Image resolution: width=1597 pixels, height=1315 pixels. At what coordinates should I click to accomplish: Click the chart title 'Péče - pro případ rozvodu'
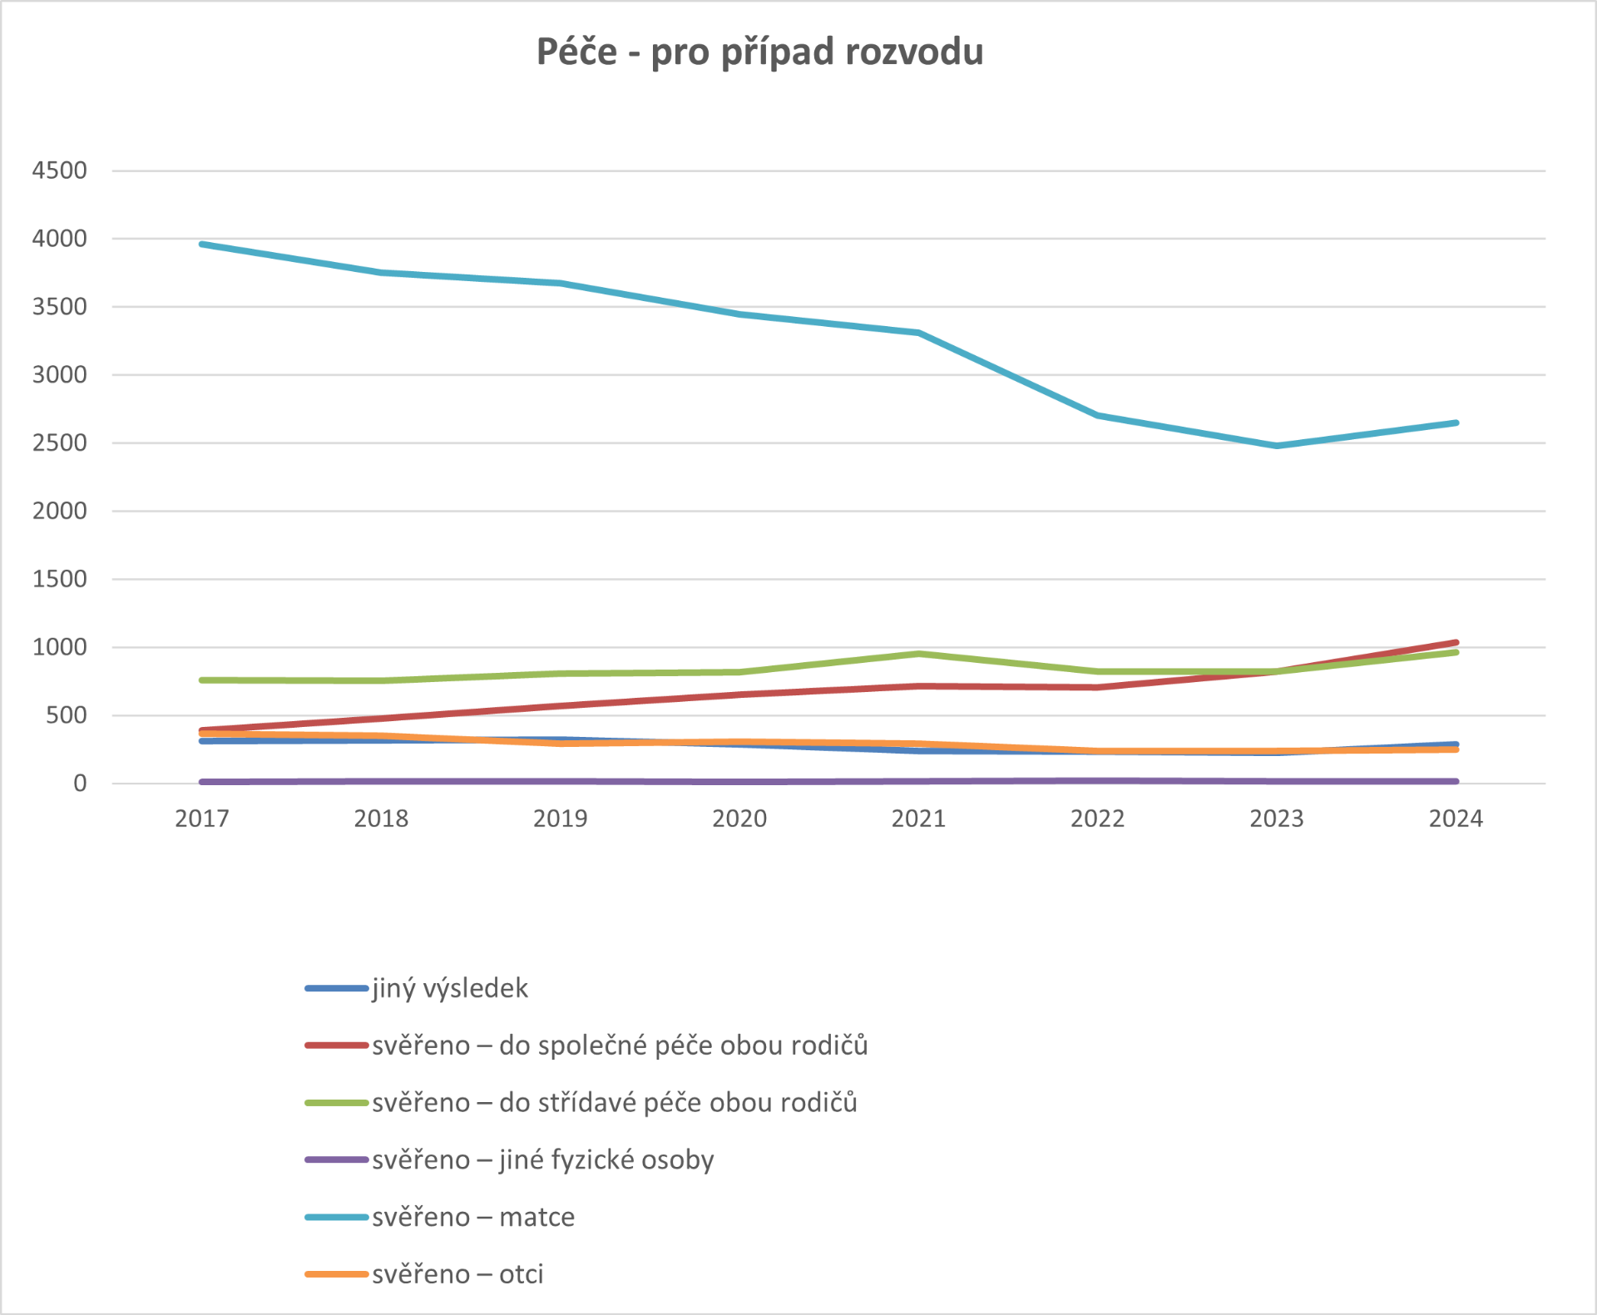pos(759,52)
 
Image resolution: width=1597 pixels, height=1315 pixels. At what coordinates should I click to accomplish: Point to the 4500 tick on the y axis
pos(59,171)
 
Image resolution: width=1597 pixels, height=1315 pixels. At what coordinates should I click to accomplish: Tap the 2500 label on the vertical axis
pos(59,442)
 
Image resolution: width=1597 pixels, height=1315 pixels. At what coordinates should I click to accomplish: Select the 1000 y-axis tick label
pos(59,647)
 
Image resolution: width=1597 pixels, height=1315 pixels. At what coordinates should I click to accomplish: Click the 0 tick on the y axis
pos(80,783)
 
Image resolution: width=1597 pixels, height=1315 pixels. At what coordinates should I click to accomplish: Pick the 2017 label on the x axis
pos(202,818)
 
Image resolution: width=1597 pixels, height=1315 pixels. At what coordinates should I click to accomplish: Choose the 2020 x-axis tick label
pos(739,818)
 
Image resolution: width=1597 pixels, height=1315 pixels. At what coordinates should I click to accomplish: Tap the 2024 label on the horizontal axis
pos(1456,818)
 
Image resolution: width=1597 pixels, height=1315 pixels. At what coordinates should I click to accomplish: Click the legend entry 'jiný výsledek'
pos(449,988)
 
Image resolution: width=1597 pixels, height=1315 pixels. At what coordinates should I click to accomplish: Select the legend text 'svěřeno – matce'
pos(472,1217)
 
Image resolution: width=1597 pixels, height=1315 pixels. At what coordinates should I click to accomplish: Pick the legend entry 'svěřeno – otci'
pos(457,1274)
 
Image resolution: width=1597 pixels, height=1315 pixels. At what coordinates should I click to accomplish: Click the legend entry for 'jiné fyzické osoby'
pos(542,1159)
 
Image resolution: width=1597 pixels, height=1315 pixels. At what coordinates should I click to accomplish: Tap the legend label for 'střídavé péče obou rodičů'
pos(614,1102)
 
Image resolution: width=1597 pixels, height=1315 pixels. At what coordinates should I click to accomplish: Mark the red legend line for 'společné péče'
pos(337,1046)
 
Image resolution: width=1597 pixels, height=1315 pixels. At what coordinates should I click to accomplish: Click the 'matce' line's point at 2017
pos(202,244)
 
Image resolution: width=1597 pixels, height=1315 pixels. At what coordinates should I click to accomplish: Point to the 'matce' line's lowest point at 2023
pos(1277,446)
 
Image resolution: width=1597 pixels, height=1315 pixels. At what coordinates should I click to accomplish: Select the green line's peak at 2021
pos(918,654)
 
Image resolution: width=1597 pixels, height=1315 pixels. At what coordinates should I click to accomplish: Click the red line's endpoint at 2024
pos(1456,642)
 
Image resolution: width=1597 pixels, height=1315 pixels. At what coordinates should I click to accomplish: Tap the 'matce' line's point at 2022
pos(1098,415)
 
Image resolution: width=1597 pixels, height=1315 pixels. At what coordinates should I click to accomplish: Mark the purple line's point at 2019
pos(561,782)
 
